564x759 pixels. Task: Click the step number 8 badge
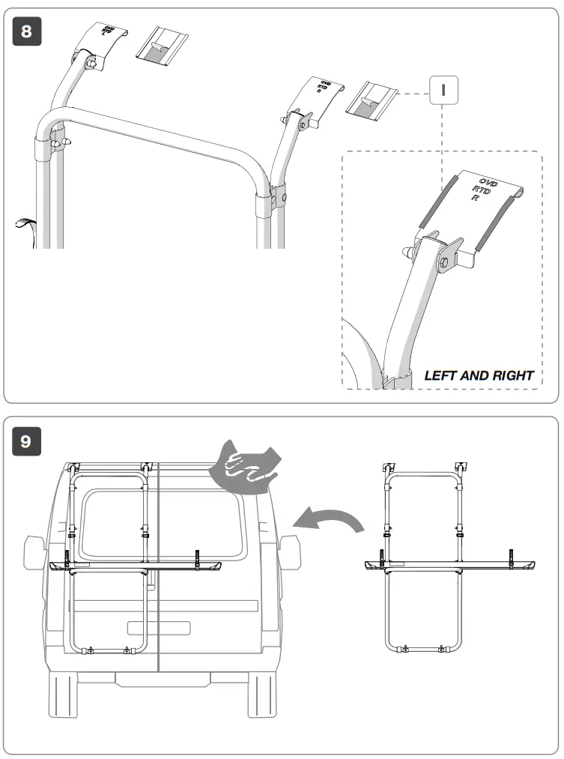(26, 32)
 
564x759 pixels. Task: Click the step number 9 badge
(26, 441)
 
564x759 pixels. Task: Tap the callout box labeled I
(443, 91)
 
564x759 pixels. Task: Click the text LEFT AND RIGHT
(479, 375)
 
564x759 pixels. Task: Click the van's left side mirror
(34, 553)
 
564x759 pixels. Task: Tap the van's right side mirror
(289, 553)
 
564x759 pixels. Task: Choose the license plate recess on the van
(159, 628)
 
